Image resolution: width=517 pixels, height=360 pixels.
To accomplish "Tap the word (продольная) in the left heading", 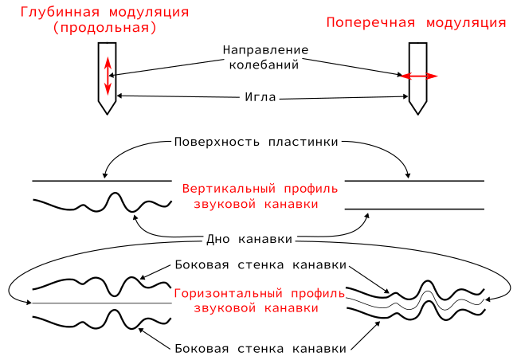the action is pyautogui.click(x=104, y=28).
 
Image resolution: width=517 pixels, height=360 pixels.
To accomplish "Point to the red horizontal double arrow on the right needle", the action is pyautogui.click(x=419, y=76).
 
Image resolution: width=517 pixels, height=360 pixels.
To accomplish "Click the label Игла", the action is pyautogui.click(x=260, y=98).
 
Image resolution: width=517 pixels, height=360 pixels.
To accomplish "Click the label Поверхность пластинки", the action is pyautogui.click(x=256, y=142).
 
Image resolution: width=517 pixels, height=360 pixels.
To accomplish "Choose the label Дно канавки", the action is pyautogui.click(x=249, y=239).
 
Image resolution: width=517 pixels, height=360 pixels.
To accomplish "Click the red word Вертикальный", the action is pyautogui.click(x=228, y=190).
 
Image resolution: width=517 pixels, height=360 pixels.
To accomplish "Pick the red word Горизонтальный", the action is pyautogui.click(x=234, y=291).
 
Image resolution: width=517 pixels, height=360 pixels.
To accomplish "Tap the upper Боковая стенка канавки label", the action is pyautogui.click(x=260, y=264).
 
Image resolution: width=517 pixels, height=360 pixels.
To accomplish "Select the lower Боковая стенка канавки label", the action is pyautogui.click(x=260, y=348).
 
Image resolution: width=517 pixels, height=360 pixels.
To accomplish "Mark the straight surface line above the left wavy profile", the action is pyautogui.click(x=101, y=181).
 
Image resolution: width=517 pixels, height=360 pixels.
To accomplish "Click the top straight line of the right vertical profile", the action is pyautogui.click(x=413, y=181).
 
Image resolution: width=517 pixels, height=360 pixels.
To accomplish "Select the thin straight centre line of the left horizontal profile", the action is pyautogui.click(x=101, y=303).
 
